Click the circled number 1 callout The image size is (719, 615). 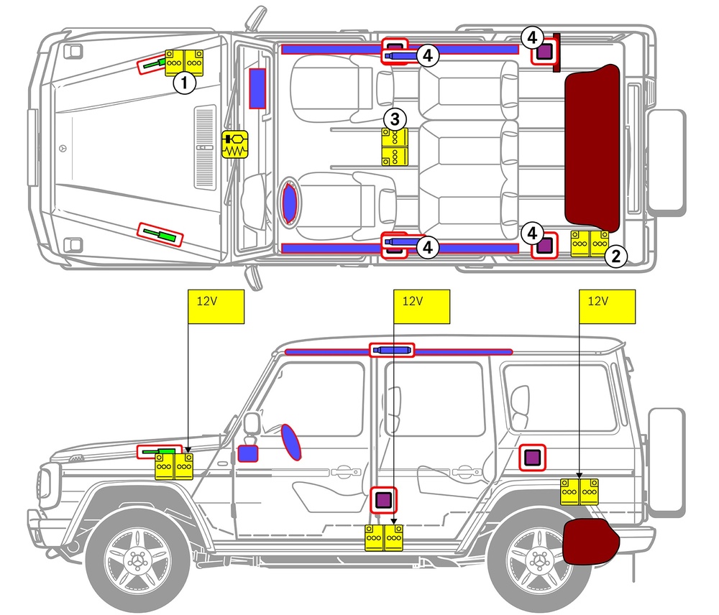(x=186, y=83)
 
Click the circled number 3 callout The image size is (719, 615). (x=395, y=119)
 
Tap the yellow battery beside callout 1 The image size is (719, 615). (x=186, y=63)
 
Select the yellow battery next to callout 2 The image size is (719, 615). (x=590, y=244)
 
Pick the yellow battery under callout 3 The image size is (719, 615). (x=395, y=147)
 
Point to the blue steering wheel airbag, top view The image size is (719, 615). (x=289, y=201)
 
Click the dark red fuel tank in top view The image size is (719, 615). (x=593, y=144)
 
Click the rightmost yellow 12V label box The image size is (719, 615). (x=608, y=307)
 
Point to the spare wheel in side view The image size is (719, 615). (x=667, y=460)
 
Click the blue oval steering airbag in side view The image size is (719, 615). (x=290, y=441)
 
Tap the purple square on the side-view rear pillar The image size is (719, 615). (x=532, y=456)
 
